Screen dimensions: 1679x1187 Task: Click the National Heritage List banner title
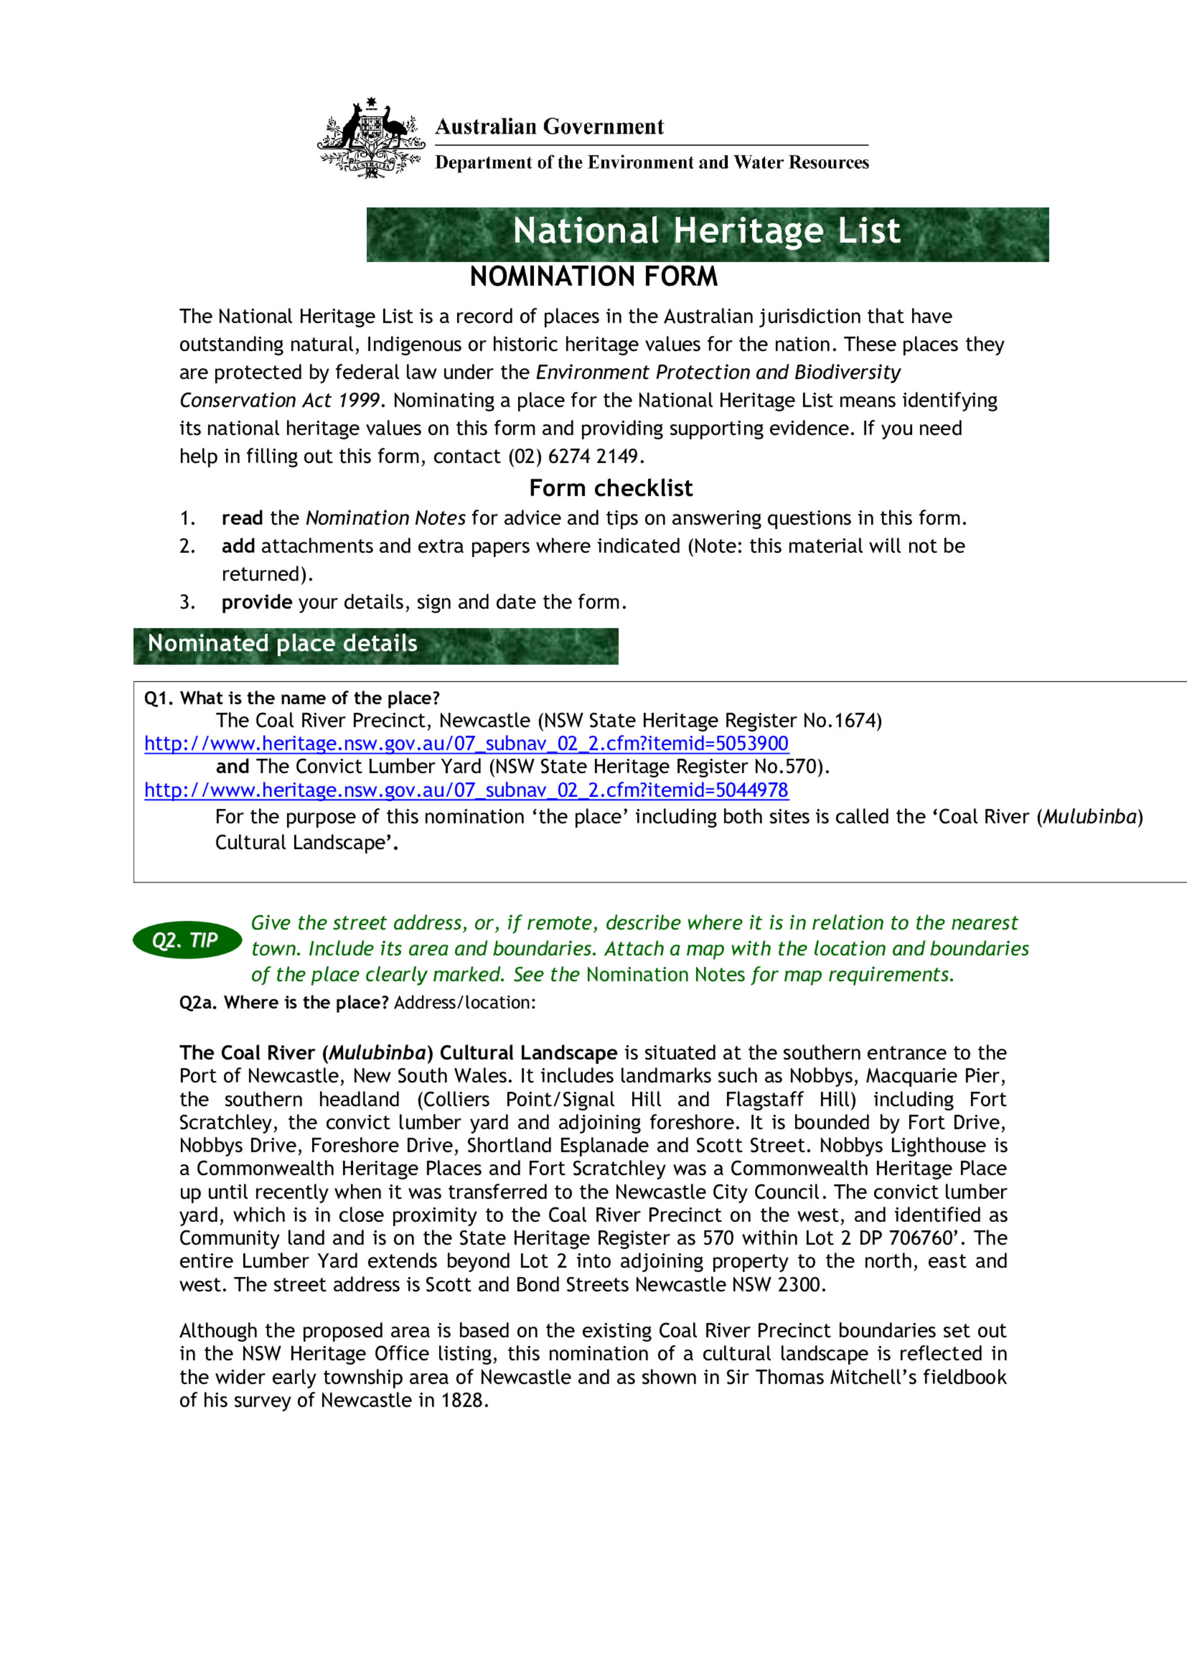point(706,231)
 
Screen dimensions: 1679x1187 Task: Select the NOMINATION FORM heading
point(593,277)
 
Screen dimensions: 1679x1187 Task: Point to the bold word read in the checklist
point(242,518)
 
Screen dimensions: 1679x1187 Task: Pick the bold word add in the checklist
point(238,546)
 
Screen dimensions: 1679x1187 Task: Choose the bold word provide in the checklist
point(256,603)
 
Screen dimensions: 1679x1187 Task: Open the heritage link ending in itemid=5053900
point(466,744)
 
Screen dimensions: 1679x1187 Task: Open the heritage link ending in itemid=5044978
point(466,790)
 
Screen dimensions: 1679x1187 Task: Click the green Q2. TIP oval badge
point(187,940)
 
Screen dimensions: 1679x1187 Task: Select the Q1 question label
point(291,698)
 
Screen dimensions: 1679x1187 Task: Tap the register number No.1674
point(840,721)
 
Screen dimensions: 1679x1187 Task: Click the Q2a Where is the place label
point(284,1003)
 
